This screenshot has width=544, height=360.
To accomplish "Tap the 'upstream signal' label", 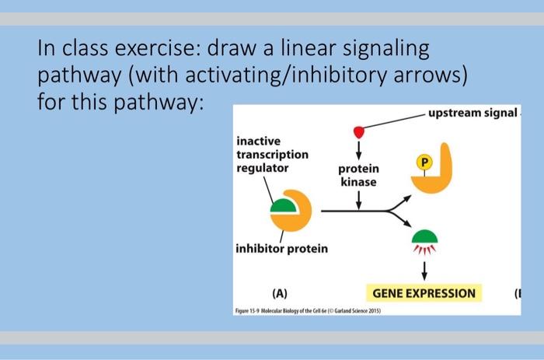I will [471, 114].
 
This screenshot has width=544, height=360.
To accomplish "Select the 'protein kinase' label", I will [358, 175].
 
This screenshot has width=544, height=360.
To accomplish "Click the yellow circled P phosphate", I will [424, 163].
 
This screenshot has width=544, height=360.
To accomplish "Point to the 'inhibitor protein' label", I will [281, 249].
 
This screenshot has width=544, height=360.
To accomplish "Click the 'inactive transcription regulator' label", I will [272, 154].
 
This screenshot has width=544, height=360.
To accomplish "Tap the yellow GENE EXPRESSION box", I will [424, 293].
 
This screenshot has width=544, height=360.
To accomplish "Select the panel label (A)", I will [280, 294].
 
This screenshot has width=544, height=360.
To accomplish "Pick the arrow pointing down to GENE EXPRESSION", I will [424, 269].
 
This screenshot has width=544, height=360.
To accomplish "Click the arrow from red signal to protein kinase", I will [358, 148].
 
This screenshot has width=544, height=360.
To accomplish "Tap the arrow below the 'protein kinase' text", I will [358, 200].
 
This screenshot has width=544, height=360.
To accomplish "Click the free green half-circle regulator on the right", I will [425, 235].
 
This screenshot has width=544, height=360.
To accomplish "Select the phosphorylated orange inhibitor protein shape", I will [434, 176].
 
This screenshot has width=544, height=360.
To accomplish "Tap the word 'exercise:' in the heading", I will [155, 50].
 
